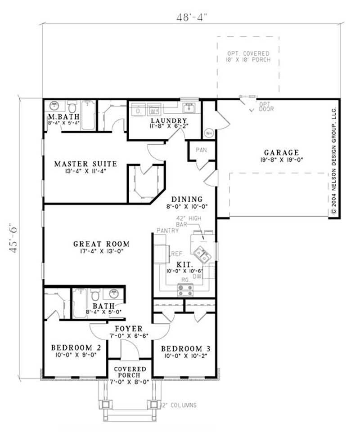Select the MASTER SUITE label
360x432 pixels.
pos(85,164)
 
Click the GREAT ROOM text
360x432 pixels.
pos(101,244)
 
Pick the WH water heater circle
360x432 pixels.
pos(209,133)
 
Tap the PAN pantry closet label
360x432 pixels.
pos(201,150)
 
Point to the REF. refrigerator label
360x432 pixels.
pos(176,254)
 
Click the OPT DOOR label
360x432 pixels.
pos(264,106)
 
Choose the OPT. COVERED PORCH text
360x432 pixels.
pos(248,57)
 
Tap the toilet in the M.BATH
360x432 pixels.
pos(72,107)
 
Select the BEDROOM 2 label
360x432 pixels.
pos(72,348)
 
